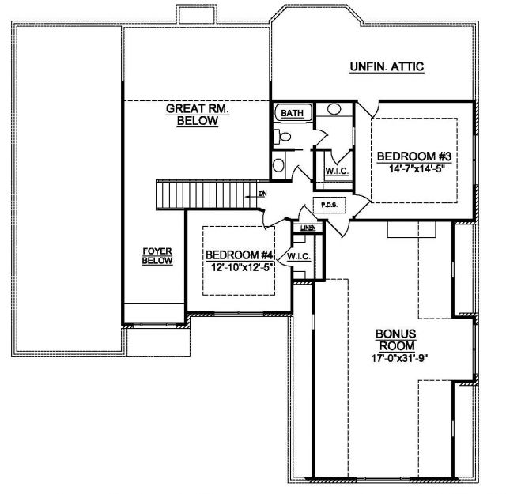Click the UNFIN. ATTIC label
(x=387, y=67)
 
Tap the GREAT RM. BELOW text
(x=198, y=115)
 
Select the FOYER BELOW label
(x=157, y=256)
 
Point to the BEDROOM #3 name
(x=414, y=156)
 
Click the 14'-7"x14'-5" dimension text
(x=414, y=169)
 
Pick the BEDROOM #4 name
(x=240, y=255)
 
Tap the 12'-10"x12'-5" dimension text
(x=242, y=267)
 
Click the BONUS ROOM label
(x=396, y=340)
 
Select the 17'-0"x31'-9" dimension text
(x=399, y=358)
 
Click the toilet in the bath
(x=281, y=137)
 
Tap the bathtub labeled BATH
(x=293, y=112)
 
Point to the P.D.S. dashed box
(x=330, y=205)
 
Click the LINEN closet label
(x=308, y=228)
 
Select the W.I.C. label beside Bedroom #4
(x=299, y=257)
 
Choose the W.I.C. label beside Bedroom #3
(x=337, y=171)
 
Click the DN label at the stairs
(x=263, y=194)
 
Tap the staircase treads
(x=206, y=195)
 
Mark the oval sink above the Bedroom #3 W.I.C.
(x=334, y=109)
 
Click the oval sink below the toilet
(x=278, y=165)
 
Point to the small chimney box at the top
(x=197, y=14)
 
